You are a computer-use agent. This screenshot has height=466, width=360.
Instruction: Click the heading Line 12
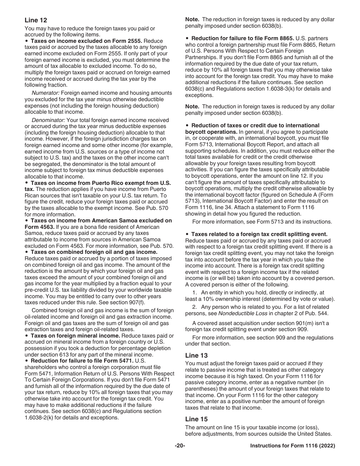(36, 20)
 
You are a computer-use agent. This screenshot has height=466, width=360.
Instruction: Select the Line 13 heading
(196, 355)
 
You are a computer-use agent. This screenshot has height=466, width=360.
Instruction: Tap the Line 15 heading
(196, 419)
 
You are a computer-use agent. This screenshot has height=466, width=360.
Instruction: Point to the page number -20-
(180, 446)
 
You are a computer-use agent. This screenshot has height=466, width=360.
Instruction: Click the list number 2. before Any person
(194, 307)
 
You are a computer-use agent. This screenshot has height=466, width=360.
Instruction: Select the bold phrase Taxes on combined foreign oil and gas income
(94, 252)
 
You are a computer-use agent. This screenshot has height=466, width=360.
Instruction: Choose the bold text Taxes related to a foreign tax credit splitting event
(259, 234)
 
